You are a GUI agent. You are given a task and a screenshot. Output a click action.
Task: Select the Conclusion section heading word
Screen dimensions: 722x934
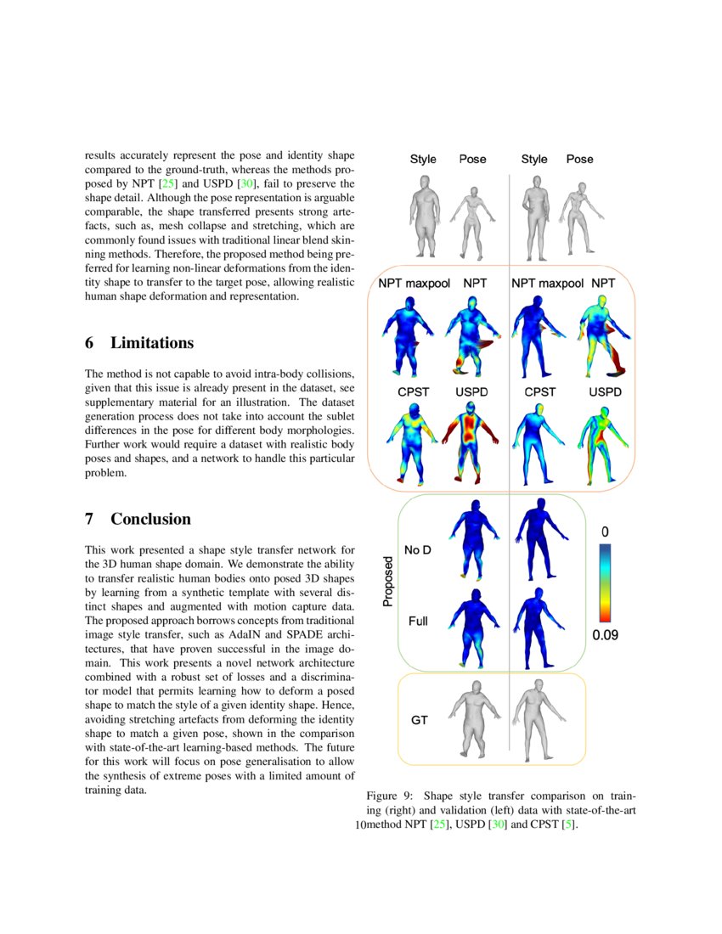(x=150, y=519)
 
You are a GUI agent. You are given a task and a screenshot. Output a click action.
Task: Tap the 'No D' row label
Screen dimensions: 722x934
(x=417, y=550)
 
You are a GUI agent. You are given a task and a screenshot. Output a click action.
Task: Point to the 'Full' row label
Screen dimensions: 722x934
(x=418, y=622)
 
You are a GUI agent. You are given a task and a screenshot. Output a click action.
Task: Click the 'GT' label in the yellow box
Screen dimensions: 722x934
(x=419, y=720)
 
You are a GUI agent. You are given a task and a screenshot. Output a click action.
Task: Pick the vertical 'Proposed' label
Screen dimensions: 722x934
(x=388, y=582)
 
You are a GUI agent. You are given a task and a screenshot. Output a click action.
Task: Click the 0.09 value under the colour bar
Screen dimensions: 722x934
(x=606, y=633)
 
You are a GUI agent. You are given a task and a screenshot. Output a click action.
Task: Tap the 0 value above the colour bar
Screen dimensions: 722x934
(x=605, y=532)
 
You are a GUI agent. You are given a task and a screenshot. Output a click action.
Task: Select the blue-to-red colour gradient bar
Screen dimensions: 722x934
(x=605, y=582)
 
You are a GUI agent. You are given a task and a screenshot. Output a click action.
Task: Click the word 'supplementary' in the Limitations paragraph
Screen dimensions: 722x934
(x=120, y=402)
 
